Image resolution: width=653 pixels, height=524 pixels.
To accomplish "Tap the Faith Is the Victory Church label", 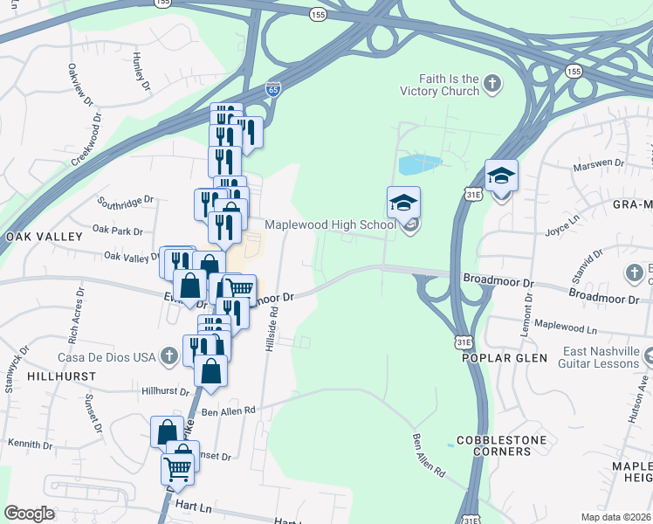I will (439, 84).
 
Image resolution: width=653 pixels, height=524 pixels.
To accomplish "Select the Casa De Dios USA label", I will (106, 356).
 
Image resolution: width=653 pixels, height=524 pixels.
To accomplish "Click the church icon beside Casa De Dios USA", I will (170, 355).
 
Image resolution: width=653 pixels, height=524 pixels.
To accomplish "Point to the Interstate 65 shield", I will (272, 89).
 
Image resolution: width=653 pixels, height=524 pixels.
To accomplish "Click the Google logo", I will (29, 513).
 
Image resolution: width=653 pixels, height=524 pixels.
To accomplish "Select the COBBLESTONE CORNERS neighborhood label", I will (493, 445).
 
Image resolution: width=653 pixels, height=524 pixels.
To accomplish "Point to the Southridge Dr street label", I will (126, 200).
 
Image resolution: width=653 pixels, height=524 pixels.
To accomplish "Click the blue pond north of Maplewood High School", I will (419, 163).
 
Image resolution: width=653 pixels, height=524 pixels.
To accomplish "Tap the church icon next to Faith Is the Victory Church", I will (493, 84).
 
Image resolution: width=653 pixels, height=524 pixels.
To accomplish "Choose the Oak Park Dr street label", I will (116, 231).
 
